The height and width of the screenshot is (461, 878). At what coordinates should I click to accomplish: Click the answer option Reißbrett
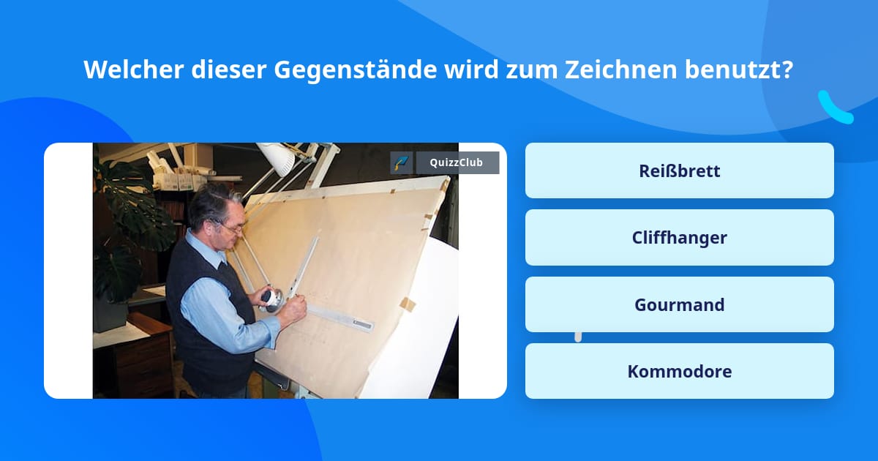pyautogui.click(x=679, y=170)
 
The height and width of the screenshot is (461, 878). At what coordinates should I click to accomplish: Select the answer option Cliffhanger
pyautogui.click(x=679, y=238)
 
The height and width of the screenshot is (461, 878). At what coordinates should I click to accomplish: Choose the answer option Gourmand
pyautogui.click(x=679, y=304)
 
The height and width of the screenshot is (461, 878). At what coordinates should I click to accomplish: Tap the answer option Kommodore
pyautogui.click(x=679, y=371)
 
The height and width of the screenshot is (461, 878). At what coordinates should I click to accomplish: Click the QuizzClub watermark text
pyautogui.click(x=457, y=162)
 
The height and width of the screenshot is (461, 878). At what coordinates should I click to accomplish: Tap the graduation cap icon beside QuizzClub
pyautogui.click(x=402, y=162)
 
